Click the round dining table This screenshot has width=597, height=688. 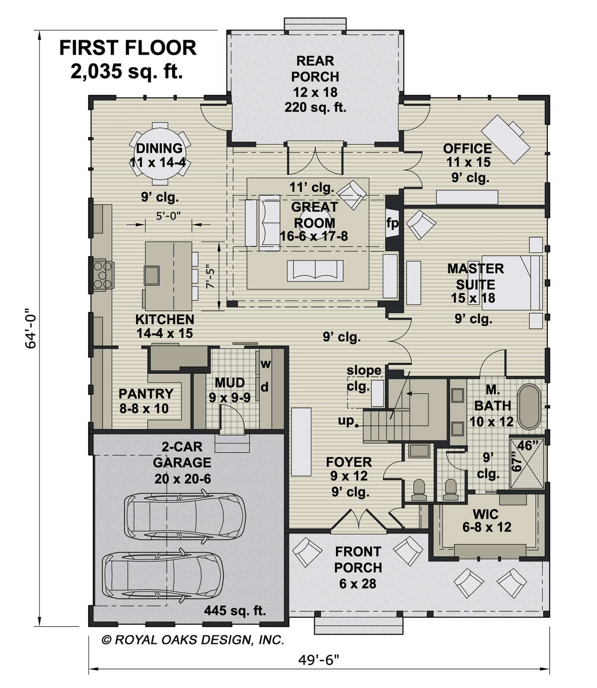[160, 153]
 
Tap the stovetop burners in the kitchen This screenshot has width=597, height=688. [102, 275]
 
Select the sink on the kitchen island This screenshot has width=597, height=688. [152, 275]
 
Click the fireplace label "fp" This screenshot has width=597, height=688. [392, 223]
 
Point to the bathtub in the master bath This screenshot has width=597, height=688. [529, 407]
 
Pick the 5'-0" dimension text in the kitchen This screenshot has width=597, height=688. [169, 216]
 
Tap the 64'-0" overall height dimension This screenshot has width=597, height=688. [30, 328]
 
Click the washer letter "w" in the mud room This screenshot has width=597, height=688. [265, 364]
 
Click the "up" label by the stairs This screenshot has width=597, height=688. [346, 421]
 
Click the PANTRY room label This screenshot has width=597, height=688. [146, 393]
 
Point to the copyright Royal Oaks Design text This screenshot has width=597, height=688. [193, 639]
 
